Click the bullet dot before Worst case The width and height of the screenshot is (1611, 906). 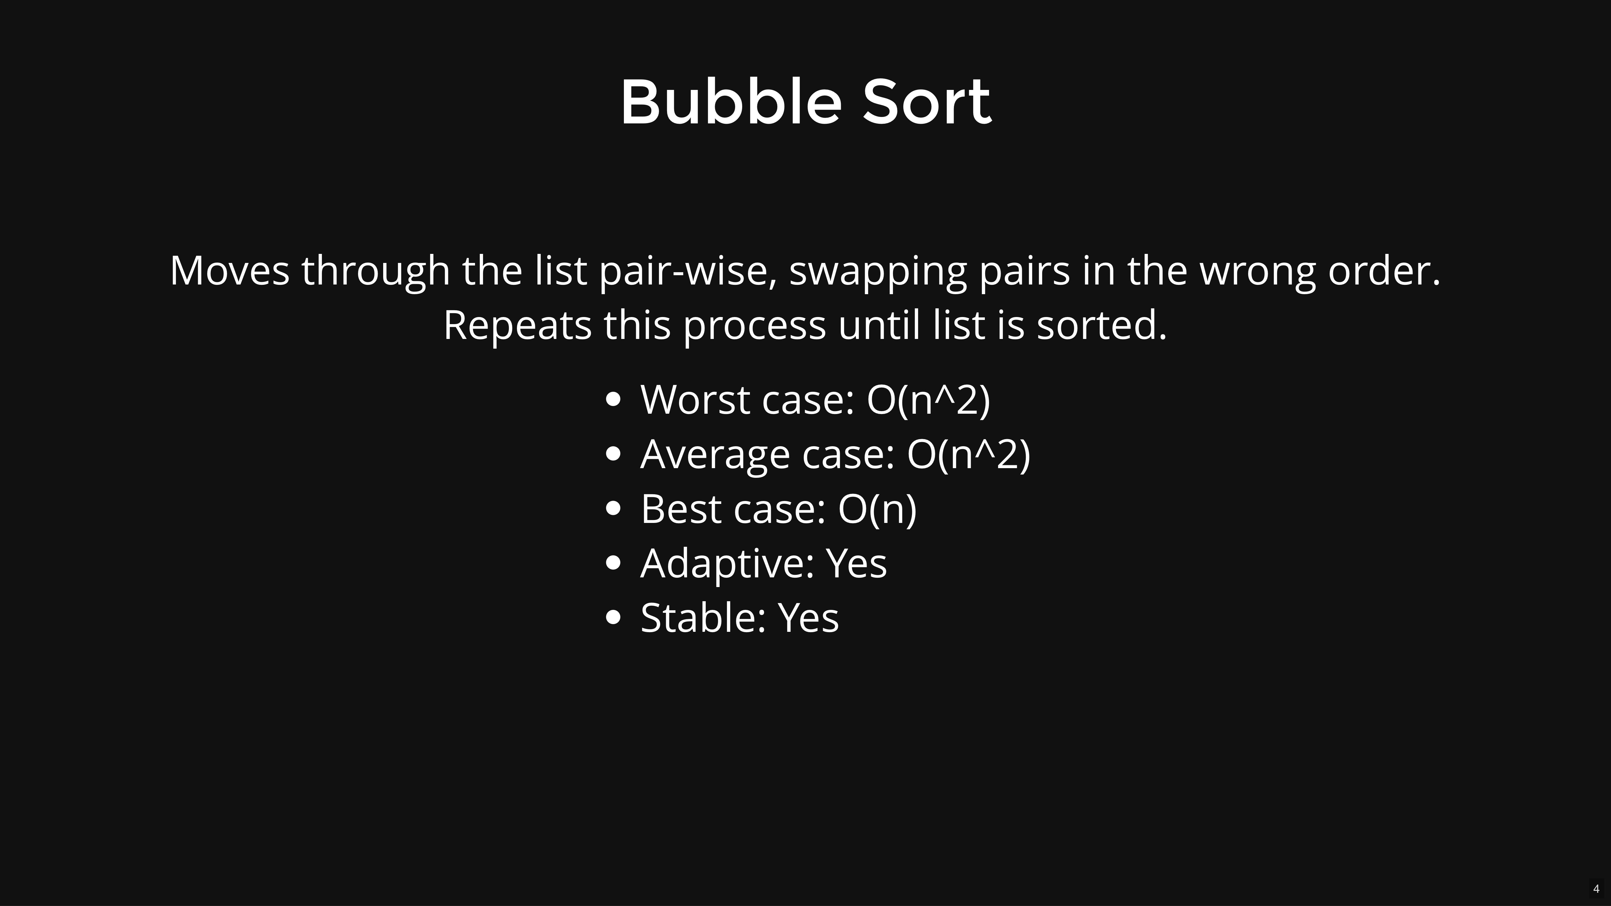pyautogui.click(x=614, y=400)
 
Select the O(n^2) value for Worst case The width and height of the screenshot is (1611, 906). pyautogui.click(x=928, y=400)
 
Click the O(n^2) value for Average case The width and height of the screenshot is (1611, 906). pyautogui.click(x=968, y=454)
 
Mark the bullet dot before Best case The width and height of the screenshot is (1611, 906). pyautogui.click(x=614, y=508)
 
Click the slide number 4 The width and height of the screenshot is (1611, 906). pyautogui.click(x=1596, y=889)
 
